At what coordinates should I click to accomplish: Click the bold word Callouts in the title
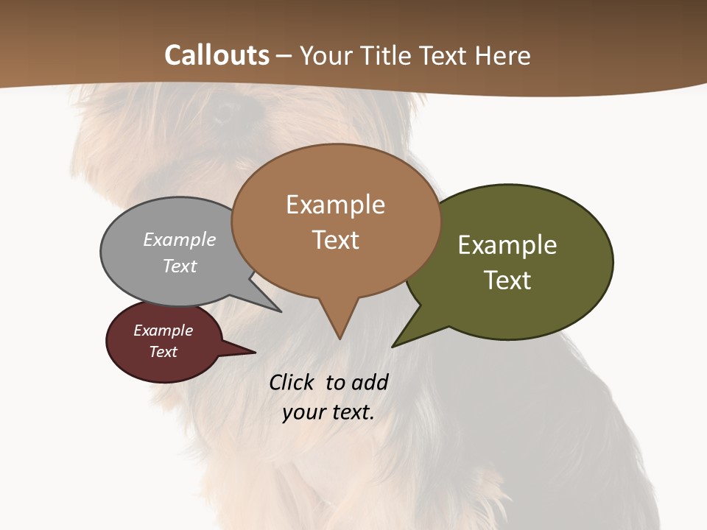pyautogui.click(x=217, y=55)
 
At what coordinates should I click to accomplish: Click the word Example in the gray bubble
pyautogui.click(x=180, y=239)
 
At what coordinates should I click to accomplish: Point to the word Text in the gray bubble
pyautogui.click(x=180, y=266)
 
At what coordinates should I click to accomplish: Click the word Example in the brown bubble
pyautogui.click(x=335, y=205)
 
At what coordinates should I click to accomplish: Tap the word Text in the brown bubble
pyautogui.click(x=336, y=240)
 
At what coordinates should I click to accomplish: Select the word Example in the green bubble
pyautogui.click(x=507, y=245)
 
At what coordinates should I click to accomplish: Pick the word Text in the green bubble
pyautogui.click(x=507, y=280)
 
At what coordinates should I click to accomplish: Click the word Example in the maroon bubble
pyautogui.click(x=163, y=331)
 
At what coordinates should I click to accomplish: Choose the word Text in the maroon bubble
pyautogui.click(x=163, y=352)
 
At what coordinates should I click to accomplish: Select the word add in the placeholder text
pyautogui.click(x=369, y=382)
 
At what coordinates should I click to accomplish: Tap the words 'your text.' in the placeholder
pyautogui.click(x=328, y=412)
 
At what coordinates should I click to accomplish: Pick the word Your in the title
pyautogui.click(x=327, y=55)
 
